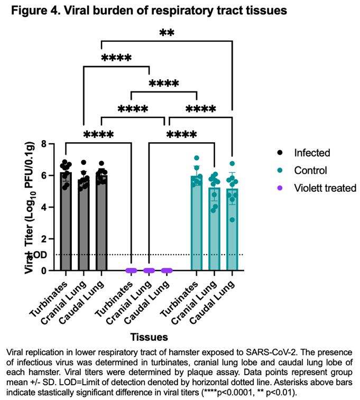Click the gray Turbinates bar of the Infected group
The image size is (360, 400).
pyautogui.click(x=66, y=227)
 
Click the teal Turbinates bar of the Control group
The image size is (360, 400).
pyautogui.click(x=197, y=227)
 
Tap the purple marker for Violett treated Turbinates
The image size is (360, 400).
pyautogui.click(x=131, y=271)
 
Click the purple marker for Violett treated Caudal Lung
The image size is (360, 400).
pyautogui.click(x=167, y=271)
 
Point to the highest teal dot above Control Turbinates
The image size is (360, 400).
pyautogui.click(x=197, y=158)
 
